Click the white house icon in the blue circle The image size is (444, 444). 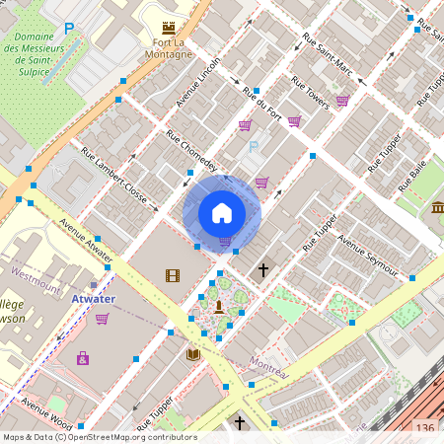(x=222, y=212)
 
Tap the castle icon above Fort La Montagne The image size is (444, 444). (x=167, y=30)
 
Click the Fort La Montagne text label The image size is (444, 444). (x=166, y=48)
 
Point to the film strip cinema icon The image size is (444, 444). (x=174, y=275)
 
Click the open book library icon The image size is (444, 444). (x=193, y=353)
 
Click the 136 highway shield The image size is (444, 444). (x=424, y=427)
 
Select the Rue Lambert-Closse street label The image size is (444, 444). (x=119, y=179)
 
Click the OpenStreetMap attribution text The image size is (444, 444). (x=99, y=436)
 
